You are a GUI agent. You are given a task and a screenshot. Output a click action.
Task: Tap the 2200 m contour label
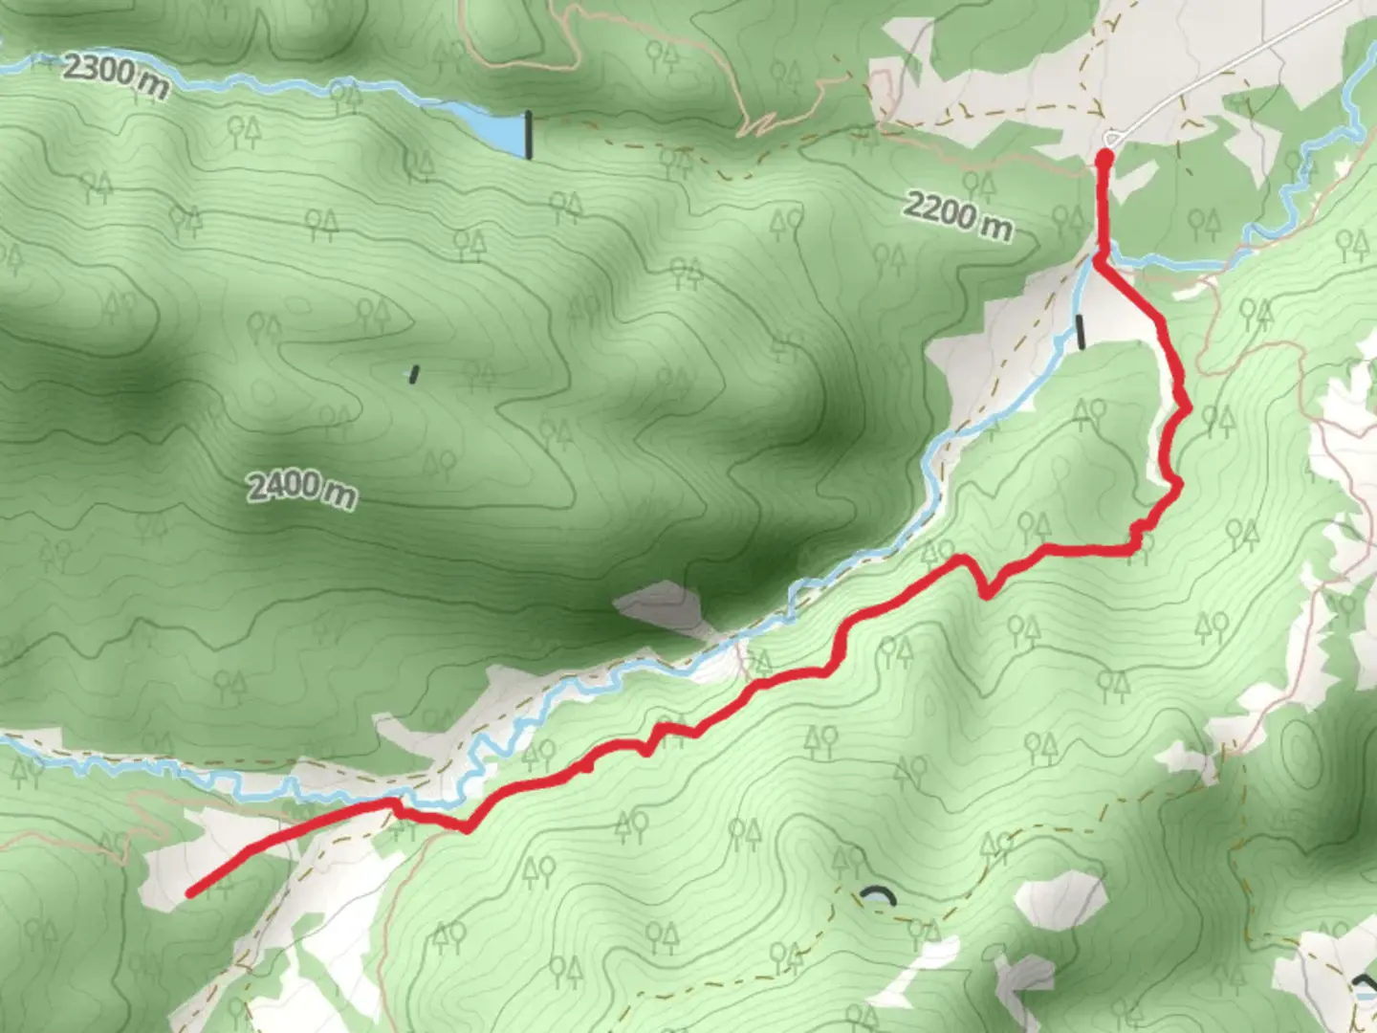[957, 216]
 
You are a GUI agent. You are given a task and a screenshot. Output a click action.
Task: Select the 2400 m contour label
[302, 489]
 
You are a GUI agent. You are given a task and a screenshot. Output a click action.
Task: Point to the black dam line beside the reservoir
[528, 135]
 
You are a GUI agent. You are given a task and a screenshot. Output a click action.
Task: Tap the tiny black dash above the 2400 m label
[414, 374]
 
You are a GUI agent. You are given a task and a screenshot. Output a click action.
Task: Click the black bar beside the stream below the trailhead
[1081, 332]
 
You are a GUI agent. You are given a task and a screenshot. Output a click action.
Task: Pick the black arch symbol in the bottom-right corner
[1363, 985]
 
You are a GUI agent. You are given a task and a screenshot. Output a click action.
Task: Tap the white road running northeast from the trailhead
[1243, 67]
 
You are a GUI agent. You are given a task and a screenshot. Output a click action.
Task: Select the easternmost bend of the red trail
[1187, 409]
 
